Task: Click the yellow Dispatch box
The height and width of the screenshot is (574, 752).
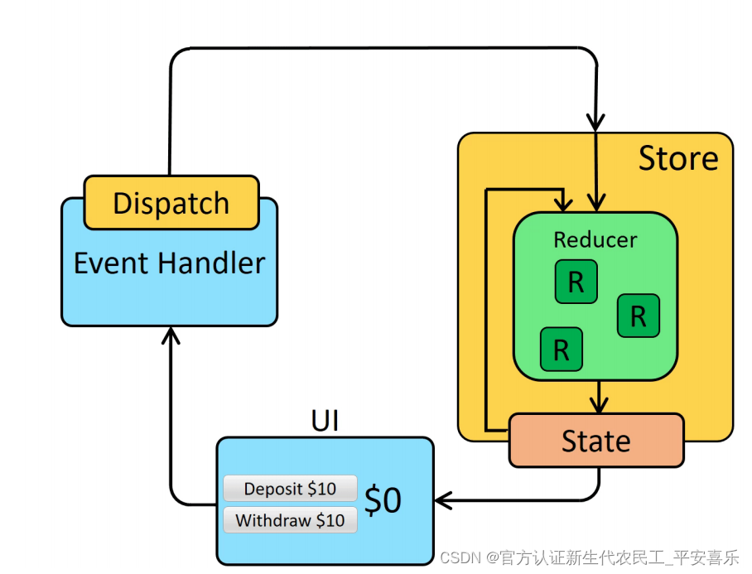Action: point(171,202)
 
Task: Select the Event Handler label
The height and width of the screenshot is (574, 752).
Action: point(169,263)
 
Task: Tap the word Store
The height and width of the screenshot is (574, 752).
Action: point(677,158)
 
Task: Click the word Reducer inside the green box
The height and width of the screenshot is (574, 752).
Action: point(595,240)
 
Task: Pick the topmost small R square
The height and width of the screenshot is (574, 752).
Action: point(576,282)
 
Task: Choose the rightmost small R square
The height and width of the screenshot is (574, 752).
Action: point(638,316)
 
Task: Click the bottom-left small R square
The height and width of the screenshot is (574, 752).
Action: point(561,349)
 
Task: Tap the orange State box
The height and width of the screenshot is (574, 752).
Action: point(595,441)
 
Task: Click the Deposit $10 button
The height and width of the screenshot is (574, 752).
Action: point(290,489)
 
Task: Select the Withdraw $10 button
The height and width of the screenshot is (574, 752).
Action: point(290,521)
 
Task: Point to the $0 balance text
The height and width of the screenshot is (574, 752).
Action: point(383,501)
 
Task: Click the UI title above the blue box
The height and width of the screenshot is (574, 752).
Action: point(325,421)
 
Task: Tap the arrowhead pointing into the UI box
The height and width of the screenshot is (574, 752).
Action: point(442,500)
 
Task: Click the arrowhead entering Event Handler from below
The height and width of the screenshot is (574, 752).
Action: point(170,334)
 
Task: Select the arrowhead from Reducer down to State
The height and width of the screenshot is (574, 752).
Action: point(597,404)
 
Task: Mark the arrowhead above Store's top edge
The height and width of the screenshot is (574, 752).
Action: point(595,122)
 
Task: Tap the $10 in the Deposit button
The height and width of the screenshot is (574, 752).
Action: point(321,489)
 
